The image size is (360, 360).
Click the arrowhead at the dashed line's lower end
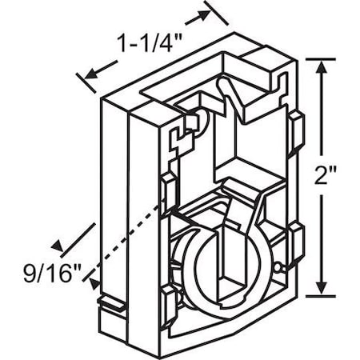(94, 282)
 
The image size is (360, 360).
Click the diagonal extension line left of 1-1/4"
(84, 83)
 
